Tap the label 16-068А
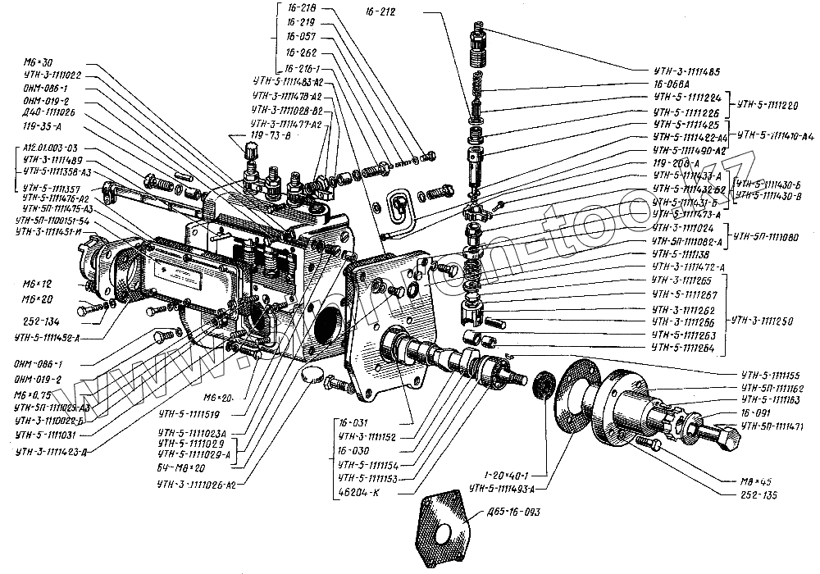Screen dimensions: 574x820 [x=667, y=84]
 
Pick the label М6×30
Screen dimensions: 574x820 [x=40, y=63]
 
